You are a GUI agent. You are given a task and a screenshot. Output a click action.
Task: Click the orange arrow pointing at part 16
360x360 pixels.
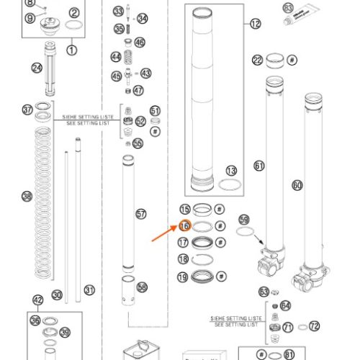point(164,235)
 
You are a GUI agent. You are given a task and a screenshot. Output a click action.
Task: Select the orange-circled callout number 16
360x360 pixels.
point(184,226)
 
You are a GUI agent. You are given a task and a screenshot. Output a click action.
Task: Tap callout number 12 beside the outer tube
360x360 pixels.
point(256,24)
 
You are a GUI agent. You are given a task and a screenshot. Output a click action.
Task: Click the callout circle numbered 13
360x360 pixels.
point(231,171)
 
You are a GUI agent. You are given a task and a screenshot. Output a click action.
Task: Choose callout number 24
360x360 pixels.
point(37,68)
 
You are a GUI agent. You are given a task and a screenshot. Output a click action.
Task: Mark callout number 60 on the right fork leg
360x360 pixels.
point(297,185)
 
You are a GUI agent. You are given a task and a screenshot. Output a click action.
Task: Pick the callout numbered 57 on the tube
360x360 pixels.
point(140,214)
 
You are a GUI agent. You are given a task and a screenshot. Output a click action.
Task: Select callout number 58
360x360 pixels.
point(143,287)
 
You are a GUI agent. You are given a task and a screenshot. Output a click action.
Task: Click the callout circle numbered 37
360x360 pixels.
point(28,110)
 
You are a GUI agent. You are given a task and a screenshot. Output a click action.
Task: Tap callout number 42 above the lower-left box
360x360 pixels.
point(39,300)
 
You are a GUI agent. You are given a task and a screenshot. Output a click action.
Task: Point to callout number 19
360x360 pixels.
point(184,277)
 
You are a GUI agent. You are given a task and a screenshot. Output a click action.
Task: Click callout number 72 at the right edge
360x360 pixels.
point(314,326)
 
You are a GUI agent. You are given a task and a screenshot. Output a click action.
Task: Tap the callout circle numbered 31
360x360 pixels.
point(89,290)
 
